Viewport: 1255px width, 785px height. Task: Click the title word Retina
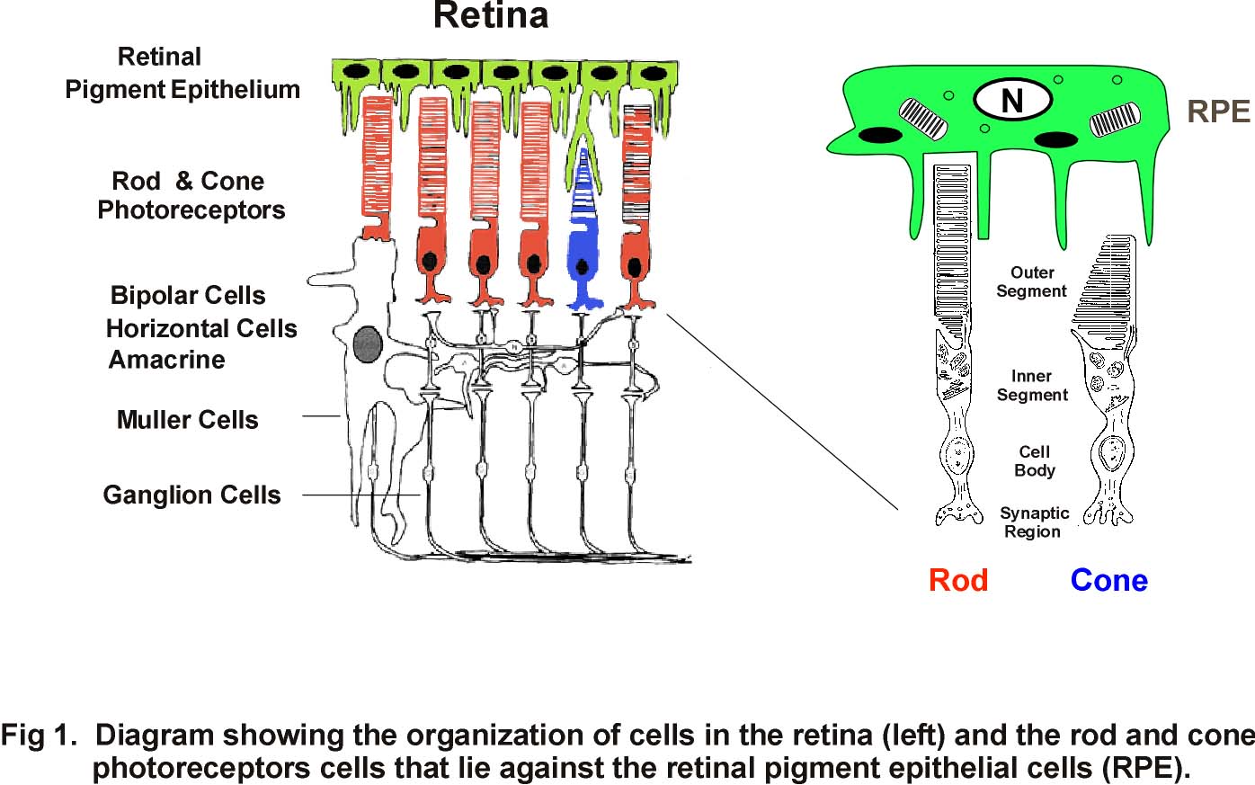(x=491, y=16)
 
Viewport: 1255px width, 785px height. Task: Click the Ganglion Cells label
(x=191, y=495)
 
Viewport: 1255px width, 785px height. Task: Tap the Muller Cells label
(x=187, y=420)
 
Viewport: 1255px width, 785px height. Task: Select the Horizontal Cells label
(x=201, y=329)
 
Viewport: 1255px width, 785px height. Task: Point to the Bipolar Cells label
(x=188, y=296)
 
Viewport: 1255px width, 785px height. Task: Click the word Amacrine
(x=166, y=360)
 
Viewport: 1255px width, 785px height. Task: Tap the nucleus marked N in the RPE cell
(x=1012, y=101)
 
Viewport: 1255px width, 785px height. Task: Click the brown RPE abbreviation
(x=1218, y=112)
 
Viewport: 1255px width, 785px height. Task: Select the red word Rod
(x=958, y=581)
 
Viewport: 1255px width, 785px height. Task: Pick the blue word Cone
(x=1108, y=581)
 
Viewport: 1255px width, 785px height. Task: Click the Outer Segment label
(x=1031, y=281)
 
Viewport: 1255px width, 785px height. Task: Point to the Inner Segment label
(x=1032, y=385)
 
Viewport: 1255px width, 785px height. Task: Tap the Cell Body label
(x=1034, y=460)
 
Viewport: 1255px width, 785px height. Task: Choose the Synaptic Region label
(x=1034, y=522)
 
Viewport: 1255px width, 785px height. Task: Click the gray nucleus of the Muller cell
(x=367, y=344)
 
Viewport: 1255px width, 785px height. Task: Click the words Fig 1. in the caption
(x=39, y=736)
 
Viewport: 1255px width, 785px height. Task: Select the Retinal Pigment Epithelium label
(x=182, y=74)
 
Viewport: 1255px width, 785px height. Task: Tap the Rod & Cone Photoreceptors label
(x=191, y=195)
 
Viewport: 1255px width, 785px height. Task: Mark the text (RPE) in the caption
(x=1144, y=768)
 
